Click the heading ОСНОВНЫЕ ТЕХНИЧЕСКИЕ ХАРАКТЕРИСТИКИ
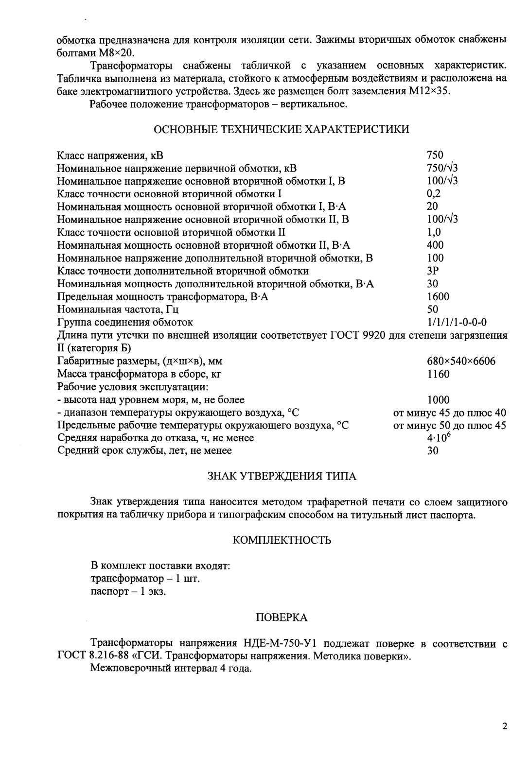click(281, 129)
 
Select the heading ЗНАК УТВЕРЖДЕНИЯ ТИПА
click(282, 476)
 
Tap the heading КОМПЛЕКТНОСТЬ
click(282, 540)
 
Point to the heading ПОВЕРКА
click(282, 618)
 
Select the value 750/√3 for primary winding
click(442, 168)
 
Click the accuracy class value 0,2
click(434, 193)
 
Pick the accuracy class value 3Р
click(433, 271)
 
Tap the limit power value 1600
click(438, 296)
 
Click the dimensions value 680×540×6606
click(461, 361)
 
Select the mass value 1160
click(438, 374)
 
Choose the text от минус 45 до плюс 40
click(449, 413)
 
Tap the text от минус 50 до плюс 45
click(449, 426)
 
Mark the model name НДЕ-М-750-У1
click(280, 644)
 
